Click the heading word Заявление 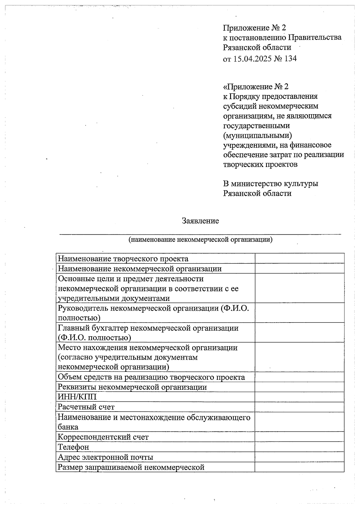click(x=200, y=221)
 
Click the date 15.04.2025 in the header click(x=252, y=58)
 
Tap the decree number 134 click(x=290, y=58)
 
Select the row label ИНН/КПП click(x=77, y=397)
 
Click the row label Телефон click(x=73, y=447)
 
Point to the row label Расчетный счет click(x=86, y=407)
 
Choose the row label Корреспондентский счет click(x=103, y=437)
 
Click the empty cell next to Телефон click(x=299, y=447)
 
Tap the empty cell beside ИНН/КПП click(x=299, y=397)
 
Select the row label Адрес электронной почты click(x=105, y=457)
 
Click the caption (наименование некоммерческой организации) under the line click(x=200, y=240)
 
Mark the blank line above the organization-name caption click(x=200, y=234)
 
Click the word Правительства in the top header click(x=315, y=37)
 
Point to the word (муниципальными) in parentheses click(x=257, y=135)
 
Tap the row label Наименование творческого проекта click(x=123, y=258)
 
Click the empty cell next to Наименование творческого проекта click(x=299, y=258)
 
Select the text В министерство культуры click(x=271, y=183)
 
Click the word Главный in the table click(x=72, y=328)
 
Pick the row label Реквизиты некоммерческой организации click(x=132, y=387)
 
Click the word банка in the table click(x=68, y=427)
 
